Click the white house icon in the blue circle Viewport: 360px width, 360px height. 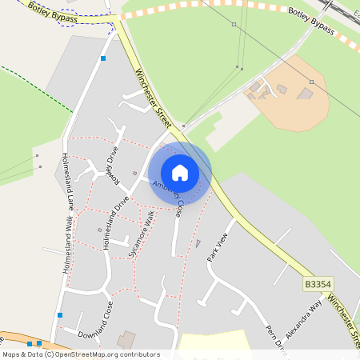pos(180,173)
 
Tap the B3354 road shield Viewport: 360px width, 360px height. pos(318,284)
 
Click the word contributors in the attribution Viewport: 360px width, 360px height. pos(137,354)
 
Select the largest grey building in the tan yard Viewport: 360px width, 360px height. pos(305,94)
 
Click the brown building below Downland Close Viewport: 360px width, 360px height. pos(126,341)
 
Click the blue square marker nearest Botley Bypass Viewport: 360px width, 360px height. pos(103,58)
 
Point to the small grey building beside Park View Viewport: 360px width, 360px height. pos(198,242)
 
